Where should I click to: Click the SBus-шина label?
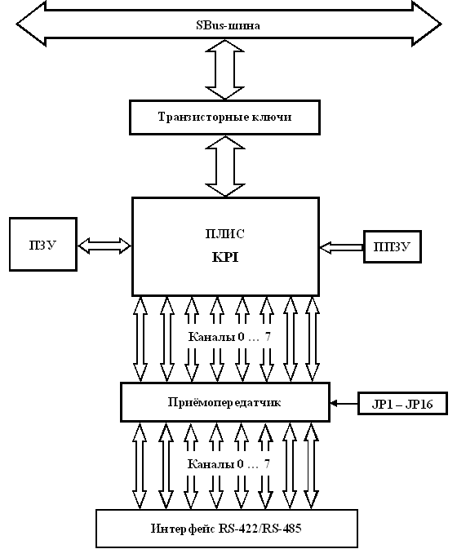[x=228, y=25]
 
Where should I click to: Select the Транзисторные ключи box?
[x=224, y=117]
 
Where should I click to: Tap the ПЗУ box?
[x=43, y=245]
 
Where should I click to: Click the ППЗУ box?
[x=393, y=247]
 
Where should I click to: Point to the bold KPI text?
[x=225, y=258]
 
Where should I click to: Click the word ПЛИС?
[x=224, y=234]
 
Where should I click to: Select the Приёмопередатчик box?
[x=224, y=402]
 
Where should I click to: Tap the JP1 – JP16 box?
[x=402, y=404]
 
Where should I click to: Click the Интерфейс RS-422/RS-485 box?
[x=227, y=529]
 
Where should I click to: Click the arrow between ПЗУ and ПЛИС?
[x=104, y=246]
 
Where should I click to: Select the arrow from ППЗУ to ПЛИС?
[x=341, y=247]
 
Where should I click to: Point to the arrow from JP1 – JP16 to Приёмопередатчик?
[x=344, y=404]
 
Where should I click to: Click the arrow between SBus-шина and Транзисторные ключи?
[x=224, y=69]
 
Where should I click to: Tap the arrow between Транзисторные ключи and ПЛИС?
[x=224, y=166]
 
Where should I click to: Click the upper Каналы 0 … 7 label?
[x=230, y=337]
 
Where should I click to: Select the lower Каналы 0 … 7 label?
[x=229, y=464]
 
